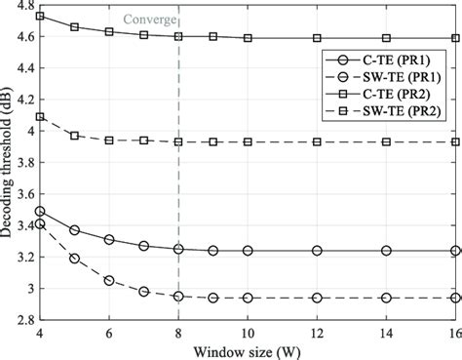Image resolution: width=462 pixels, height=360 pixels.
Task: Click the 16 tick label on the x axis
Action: coord(455,332)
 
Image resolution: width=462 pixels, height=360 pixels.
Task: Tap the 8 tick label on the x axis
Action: coord(178,332)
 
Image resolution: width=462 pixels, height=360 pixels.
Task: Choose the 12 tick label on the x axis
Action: coord(317,332)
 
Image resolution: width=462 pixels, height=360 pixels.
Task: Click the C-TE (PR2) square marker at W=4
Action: coord(39,17)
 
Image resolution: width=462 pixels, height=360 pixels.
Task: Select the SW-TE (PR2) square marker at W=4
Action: coord(39,117)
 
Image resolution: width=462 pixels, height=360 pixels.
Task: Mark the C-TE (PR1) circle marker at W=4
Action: coord(39,212)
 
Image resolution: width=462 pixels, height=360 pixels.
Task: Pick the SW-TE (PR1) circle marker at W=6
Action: coord(108,280)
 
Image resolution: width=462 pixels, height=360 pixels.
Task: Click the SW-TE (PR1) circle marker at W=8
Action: coord(178,296)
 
